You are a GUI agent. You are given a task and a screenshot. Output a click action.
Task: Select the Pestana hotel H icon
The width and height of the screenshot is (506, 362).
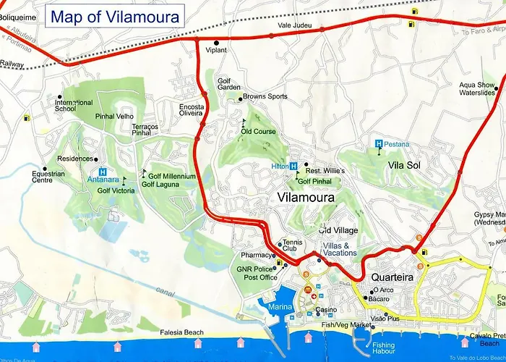tap(379, 144)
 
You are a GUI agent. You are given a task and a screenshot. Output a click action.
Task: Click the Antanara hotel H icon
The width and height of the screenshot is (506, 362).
tap(103, 166)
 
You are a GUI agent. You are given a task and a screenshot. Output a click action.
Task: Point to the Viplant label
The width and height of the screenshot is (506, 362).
tap(216, 51)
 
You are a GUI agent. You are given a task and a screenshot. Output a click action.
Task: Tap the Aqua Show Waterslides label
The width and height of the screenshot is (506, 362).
tap(477, 89)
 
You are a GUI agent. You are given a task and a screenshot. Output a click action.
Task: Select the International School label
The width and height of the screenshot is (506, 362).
tap(74, 106)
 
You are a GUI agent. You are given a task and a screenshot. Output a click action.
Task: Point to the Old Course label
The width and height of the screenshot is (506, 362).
tap(259, 132)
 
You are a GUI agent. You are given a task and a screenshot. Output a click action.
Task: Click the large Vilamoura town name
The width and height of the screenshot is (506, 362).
tap(306, 197)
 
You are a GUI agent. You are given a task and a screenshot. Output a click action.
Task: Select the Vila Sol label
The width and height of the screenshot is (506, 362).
tap(404, 166)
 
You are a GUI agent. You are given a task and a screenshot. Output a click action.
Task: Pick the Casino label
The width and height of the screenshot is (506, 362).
tap(327, 311)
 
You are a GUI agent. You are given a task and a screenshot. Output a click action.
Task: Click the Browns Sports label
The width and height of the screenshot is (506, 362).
tap(265, 96)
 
